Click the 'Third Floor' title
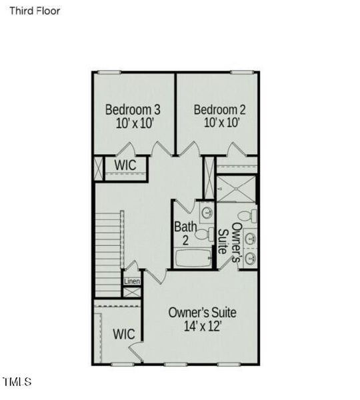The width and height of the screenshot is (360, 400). click(34, 11)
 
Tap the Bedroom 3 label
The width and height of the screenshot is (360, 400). click(133, 109)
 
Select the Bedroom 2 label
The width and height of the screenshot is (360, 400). click(216, 109)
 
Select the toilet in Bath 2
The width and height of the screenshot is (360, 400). click(202, 232)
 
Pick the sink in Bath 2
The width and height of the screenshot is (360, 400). click(207, 213)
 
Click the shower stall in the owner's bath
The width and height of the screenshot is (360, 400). click(235, 189)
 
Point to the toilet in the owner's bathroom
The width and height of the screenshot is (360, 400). click(247, 217)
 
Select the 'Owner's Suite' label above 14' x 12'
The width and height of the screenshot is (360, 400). click(202, 312)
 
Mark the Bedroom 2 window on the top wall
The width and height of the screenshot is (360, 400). click(241, 72)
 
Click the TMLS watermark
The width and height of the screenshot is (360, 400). click(17, 382)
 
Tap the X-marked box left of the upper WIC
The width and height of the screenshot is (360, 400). click(99, 166)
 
